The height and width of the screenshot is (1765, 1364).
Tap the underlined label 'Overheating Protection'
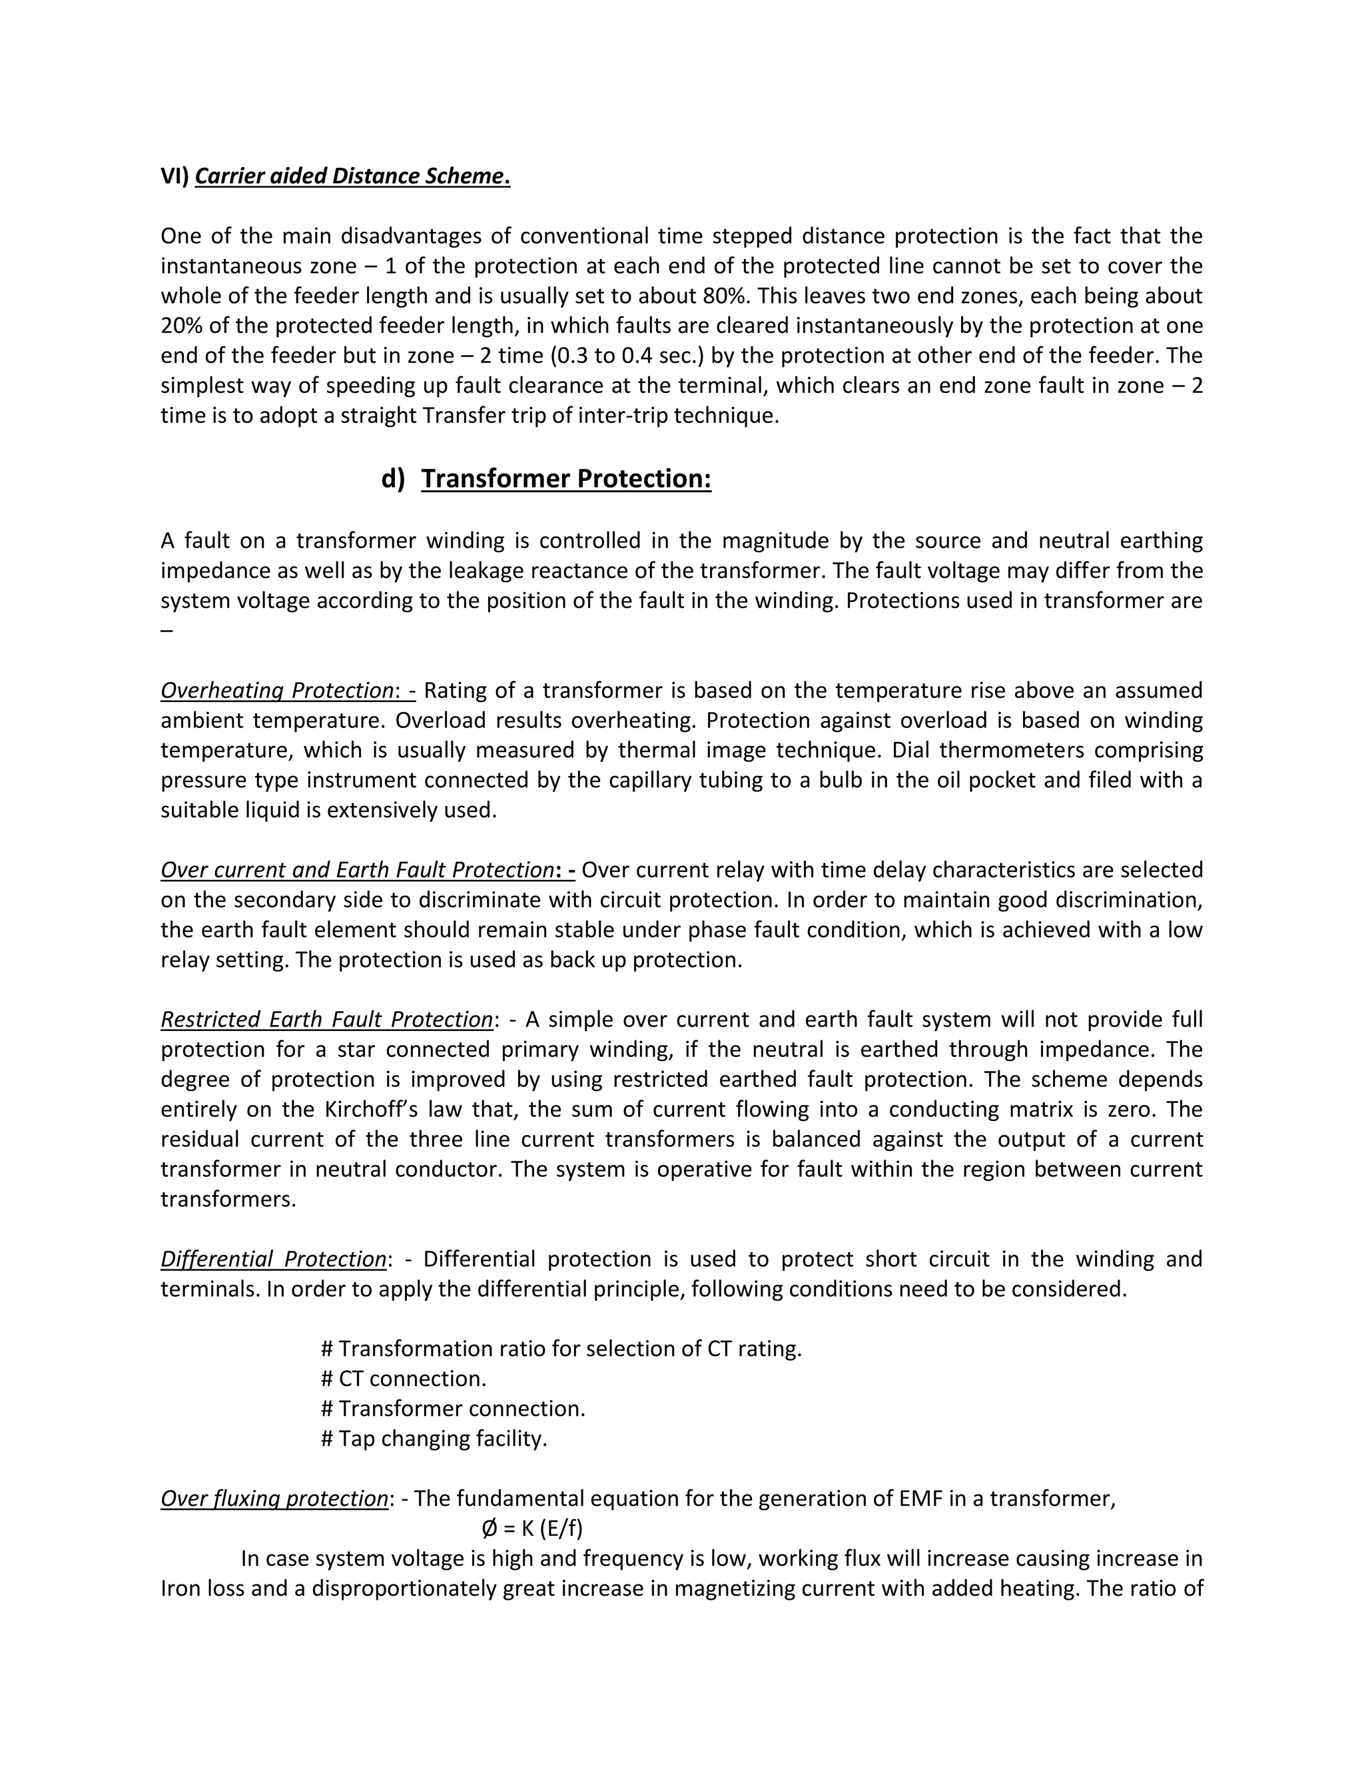(276, 690)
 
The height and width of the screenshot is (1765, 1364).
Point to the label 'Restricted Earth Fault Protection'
(326, 1019)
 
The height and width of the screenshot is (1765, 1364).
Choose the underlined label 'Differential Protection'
(273, 1258)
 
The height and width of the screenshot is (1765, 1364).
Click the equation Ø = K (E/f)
(531, 1528)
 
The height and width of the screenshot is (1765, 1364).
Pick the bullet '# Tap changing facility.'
(434, 1438)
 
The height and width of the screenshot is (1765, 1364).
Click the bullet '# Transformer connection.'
(452, 1408)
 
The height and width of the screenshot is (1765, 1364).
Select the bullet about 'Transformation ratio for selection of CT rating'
(561, 1348)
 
